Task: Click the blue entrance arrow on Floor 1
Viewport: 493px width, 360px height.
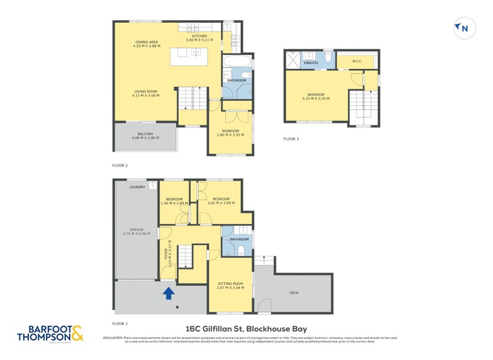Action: point(168,294)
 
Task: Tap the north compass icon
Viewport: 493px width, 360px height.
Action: point(462,28)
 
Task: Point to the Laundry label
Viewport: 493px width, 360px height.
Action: point(136,187)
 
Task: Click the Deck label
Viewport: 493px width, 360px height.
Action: point(294,293)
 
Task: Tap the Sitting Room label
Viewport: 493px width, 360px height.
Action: point(230,284)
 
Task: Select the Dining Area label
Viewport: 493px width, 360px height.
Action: point(146,42)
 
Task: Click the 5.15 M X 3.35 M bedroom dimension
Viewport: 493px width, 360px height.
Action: point(316,99)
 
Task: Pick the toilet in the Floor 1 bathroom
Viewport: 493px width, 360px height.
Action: point(242,250)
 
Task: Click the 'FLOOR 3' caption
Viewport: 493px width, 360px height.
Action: point(291,139)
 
